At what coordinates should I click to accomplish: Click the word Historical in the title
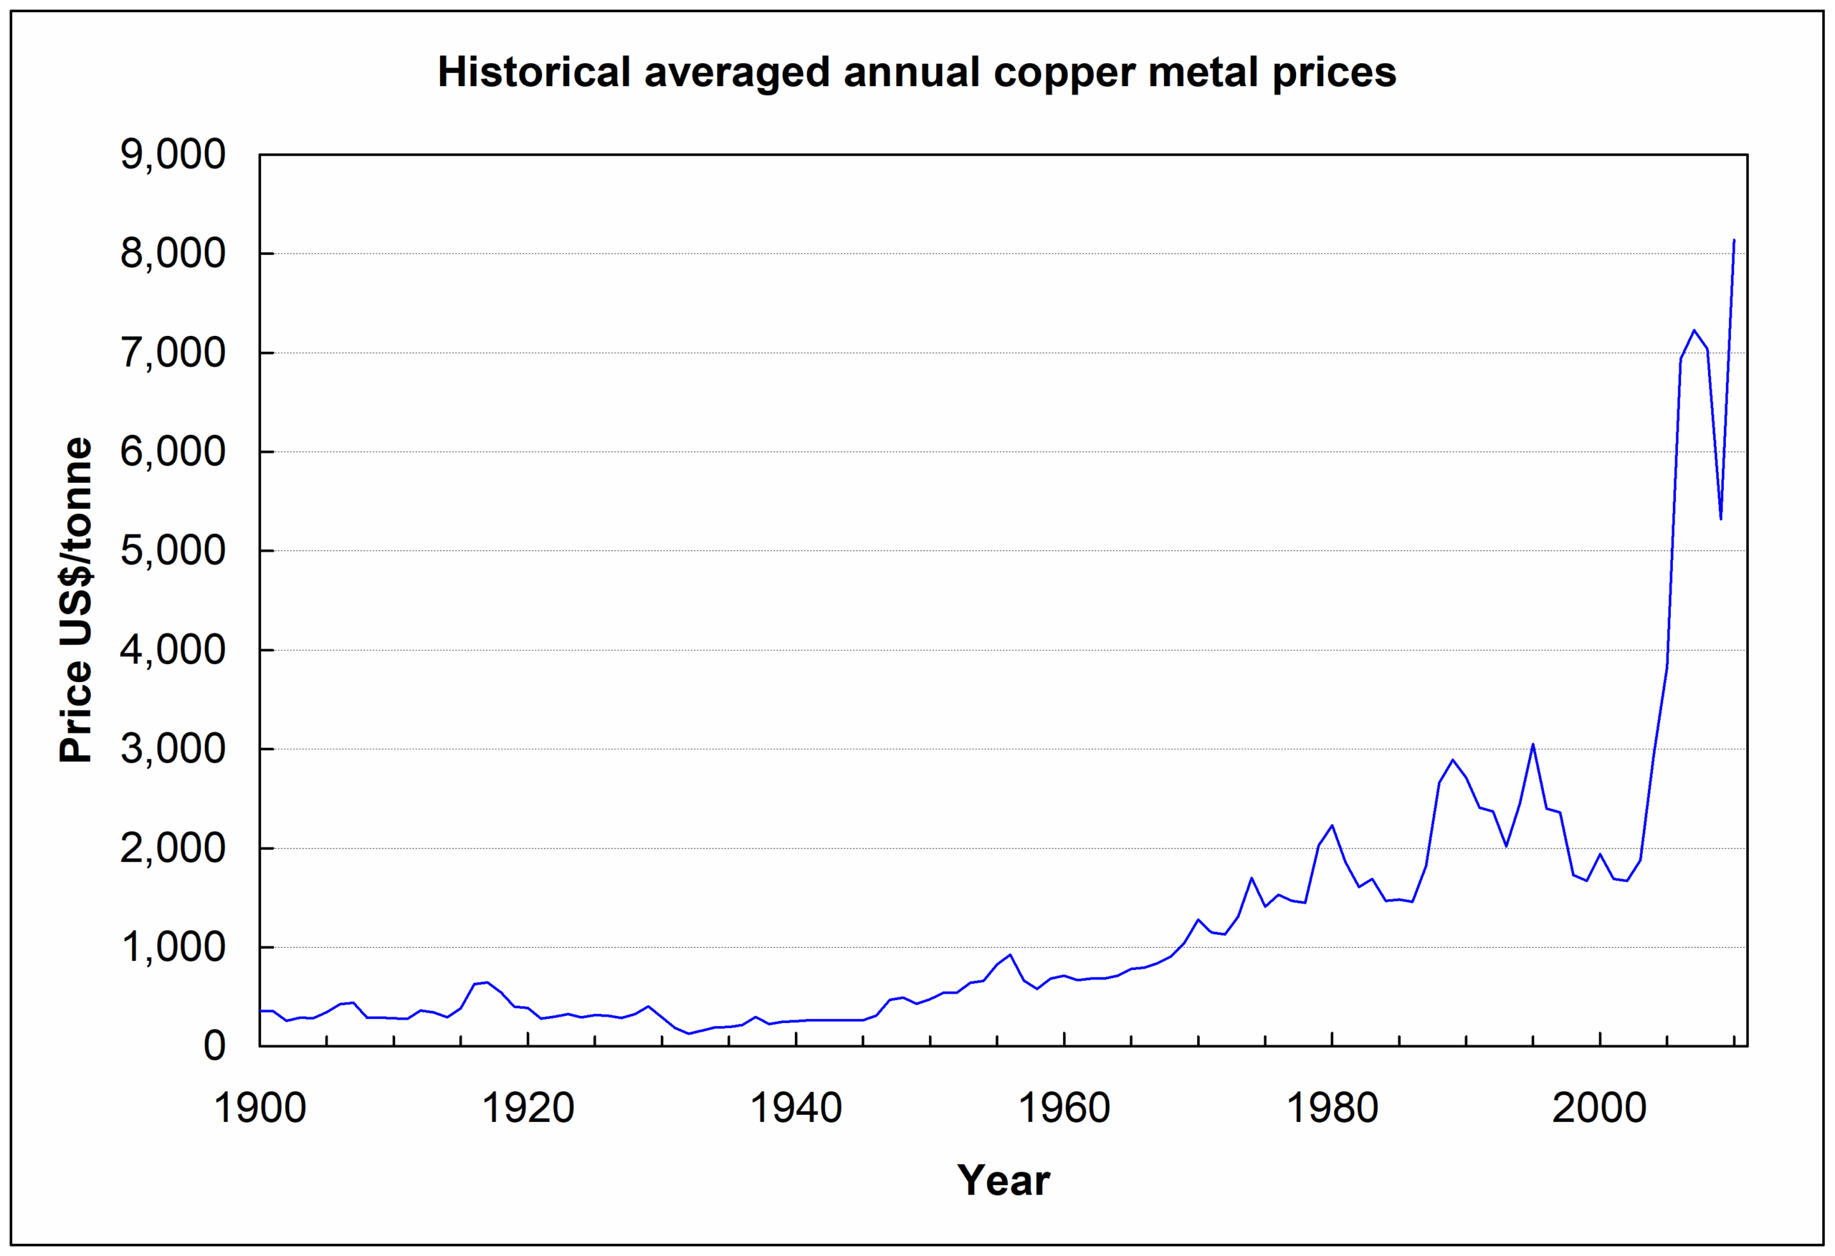tap(535, 72)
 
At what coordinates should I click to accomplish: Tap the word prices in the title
tap(1335, 72)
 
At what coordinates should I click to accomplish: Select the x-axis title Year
tap(1003, 1181)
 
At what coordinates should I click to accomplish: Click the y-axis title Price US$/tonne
tap(77, 600)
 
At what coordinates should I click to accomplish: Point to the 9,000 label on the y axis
tap(173, 155)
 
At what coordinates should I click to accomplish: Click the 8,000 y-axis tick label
tap(173, 254)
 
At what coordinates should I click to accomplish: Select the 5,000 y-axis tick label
tap(173, 551)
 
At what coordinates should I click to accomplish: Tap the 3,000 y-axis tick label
tap(173, 749)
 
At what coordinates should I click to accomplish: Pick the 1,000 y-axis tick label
tap(173, 947)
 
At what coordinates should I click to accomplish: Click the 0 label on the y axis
tap(214, 1046)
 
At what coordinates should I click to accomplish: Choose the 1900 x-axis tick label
tap(259, 1108)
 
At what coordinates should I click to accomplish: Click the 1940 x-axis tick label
tap(796, 1108)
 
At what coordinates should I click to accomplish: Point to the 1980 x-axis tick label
tap(1332, 1108)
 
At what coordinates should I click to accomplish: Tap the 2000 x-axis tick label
tap(1600, 1108)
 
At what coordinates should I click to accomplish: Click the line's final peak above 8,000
tap(1734, 239)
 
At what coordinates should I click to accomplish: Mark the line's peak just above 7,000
tap(1695, 330)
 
